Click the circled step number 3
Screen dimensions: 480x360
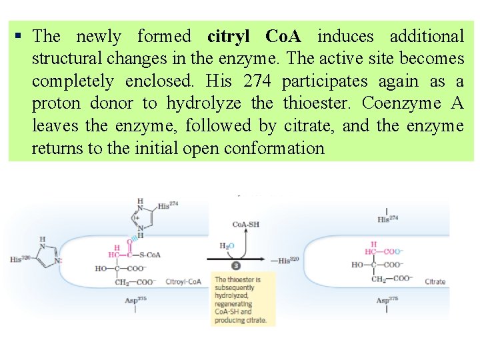[236, 265]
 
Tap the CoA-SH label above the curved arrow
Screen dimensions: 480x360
[246, 225]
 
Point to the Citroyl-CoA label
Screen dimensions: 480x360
[183, 282]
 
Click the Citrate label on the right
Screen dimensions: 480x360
[435, 282]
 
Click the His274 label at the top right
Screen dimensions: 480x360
[387, 218]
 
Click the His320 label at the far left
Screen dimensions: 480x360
[20, 259]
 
